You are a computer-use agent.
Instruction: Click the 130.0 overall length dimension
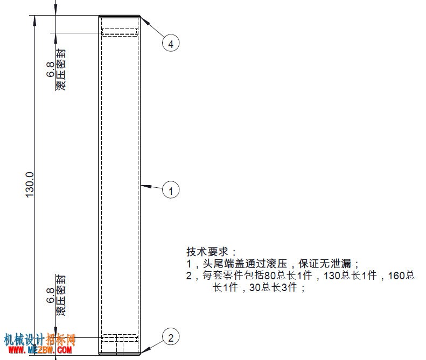[30, 185]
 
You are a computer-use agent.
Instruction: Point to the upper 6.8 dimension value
[51, 69]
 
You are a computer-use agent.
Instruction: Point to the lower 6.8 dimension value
[51, 295]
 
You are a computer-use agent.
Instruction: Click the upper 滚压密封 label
[60, 69]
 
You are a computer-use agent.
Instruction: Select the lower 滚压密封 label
[60, 295]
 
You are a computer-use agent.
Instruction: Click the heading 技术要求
[207, 252]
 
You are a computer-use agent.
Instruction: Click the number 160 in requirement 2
[396, 276]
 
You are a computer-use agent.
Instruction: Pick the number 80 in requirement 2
[270, 276]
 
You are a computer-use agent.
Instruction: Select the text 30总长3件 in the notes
[273, 287]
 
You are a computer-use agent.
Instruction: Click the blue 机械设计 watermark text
[24, 340]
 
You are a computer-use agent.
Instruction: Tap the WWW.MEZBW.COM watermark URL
[40, 350]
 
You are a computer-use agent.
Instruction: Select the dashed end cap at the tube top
[120, 32]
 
